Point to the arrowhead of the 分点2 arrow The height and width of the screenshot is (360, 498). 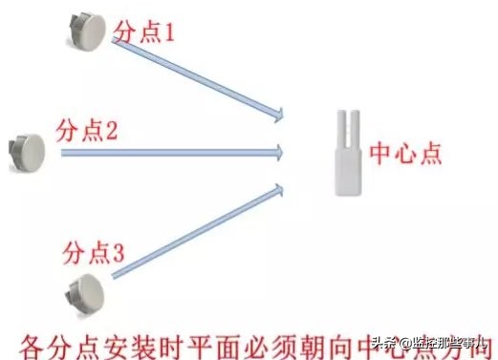click(x=279, y=150)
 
